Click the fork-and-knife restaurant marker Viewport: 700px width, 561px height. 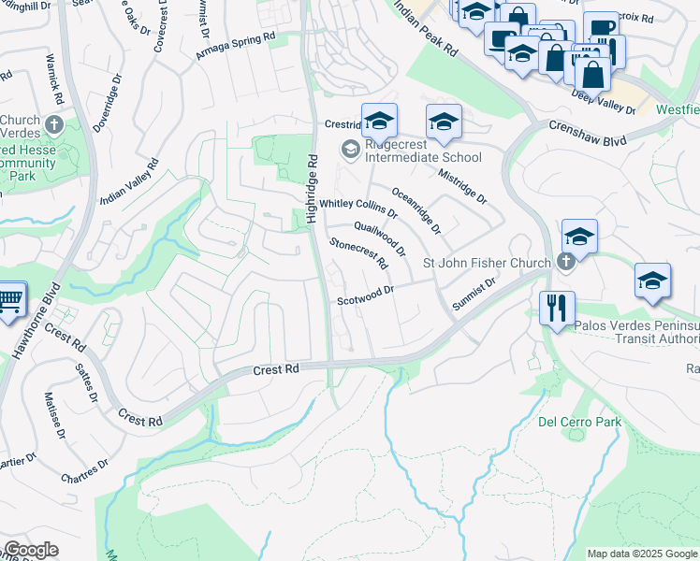558,308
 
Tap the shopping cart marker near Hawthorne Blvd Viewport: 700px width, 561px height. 10,301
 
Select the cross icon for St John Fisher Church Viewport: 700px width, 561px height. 565,263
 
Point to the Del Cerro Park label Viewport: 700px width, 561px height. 579,422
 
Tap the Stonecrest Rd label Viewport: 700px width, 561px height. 357,252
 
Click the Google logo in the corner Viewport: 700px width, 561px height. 31,550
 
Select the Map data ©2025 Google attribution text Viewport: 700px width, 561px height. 641,554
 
